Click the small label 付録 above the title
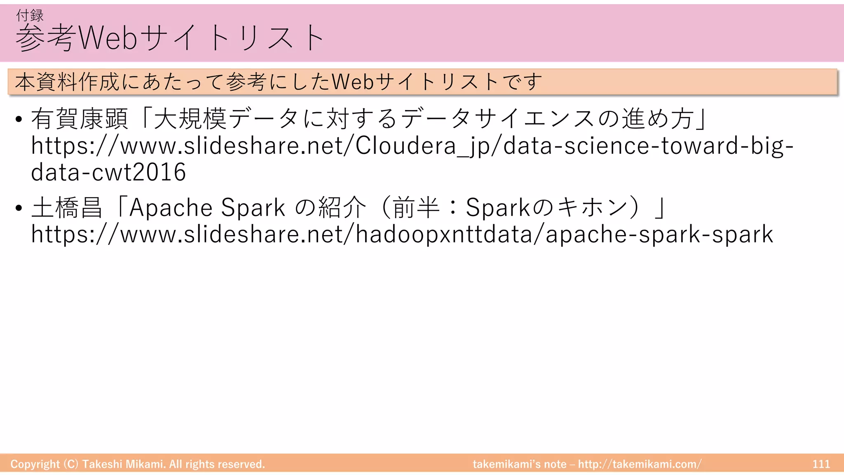click(30, 15)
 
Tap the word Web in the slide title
click(108, 38)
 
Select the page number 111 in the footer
click(821, 464)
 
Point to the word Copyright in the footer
click(35, 464)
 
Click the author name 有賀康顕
click(80, 119)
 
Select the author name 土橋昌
click(67, 207)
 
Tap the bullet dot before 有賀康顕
click(19, 120)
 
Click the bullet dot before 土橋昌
click(19, 208)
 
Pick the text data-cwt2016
click(108, 172)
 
